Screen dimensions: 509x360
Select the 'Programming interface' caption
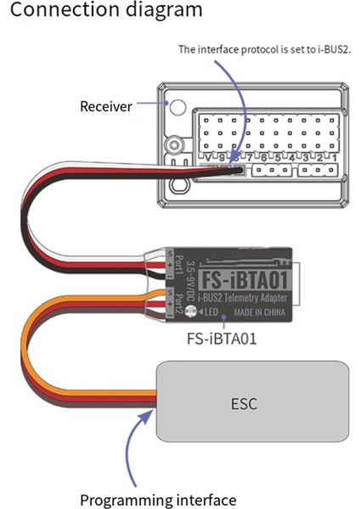(158, 500)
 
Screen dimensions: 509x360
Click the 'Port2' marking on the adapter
(181, 299)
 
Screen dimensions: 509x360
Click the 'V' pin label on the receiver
(208, 158)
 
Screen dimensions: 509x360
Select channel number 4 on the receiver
(291, 158)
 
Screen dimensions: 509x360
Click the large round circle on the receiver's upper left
(178, 108)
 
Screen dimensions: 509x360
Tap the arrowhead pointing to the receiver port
(245, 165)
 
